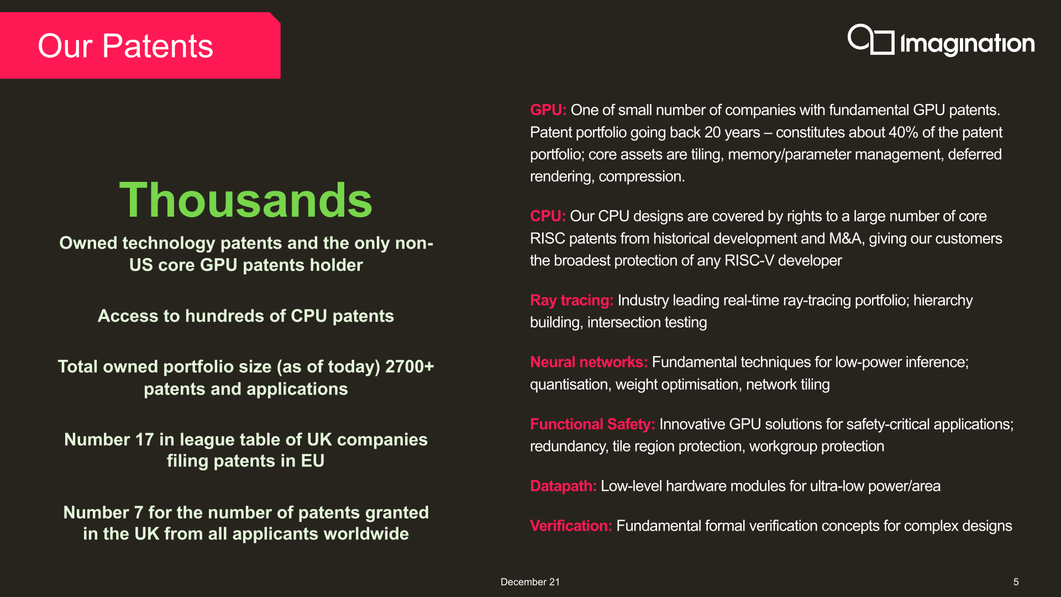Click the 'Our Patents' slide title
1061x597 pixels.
pos(125,46)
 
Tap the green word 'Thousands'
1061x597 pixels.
pos(246,200)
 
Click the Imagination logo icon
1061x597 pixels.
pos(871,39)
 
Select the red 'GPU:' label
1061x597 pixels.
pos(548,110)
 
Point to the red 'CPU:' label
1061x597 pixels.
pos(548,216)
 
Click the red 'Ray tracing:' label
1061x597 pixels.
pos(571,301)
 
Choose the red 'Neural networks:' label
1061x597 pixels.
pos(589,362)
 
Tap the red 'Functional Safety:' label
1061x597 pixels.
pos(592,425)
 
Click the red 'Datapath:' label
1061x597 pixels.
pos(563,486)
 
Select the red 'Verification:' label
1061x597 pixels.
pos(571,526)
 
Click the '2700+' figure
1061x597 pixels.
pos(409,366)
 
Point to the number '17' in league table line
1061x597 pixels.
pos(145,439)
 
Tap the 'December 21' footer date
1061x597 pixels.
pos(530,582)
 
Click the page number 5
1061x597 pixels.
pos(1016,582)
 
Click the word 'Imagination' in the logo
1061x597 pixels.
pos(968,44)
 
